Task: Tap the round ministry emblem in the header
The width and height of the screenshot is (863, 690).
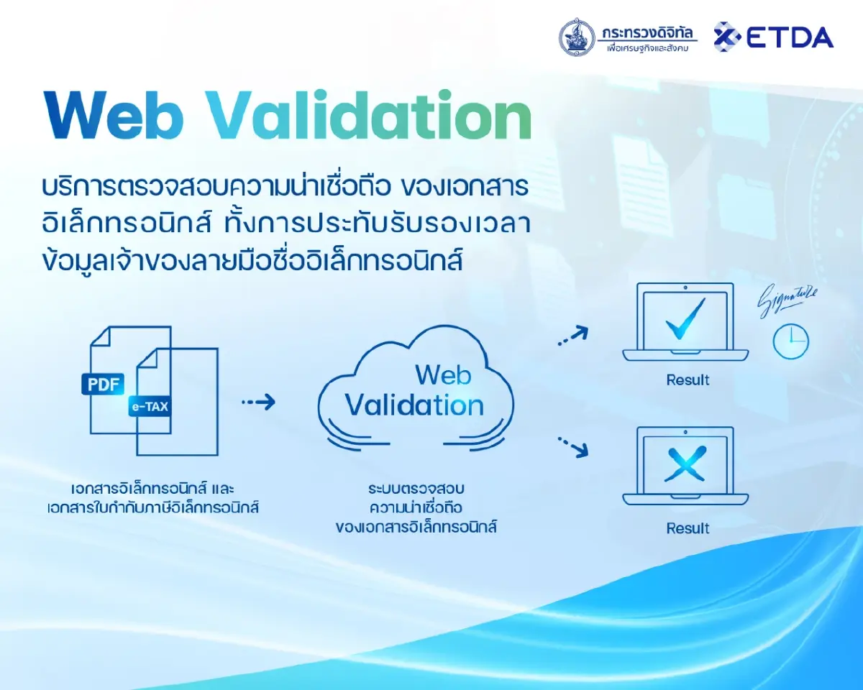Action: coord(577,37)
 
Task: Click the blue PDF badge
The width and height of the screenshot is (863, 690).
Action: coord(102,384)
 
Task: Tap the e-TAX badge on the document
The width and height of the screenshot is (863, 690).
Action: coord(150,407)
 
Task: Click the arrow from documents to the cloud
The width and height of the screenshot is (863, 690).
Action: coord(258,402)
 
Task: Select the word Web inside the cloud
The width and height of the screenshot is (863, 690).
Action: coord(443,374)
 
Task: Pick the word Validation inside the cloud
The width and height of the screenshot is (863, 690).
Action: coord(414,405)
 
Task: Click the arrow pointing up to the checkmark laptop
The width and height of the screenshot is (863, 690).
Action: coord(574,336)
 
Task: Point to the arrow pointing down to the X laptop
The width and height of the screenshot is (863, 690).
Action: coord(574,447)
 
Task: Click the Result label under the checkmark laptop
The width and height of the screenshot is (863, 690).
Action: coord(688,380)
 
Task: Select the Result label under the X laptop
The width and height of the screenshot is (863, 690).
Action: coord(688,528)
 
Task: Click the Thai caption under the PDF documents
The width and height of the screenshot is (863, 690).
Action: coord(150,498)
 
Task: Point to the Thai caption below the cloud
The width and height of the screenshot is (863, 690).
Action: coord(416,507)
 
